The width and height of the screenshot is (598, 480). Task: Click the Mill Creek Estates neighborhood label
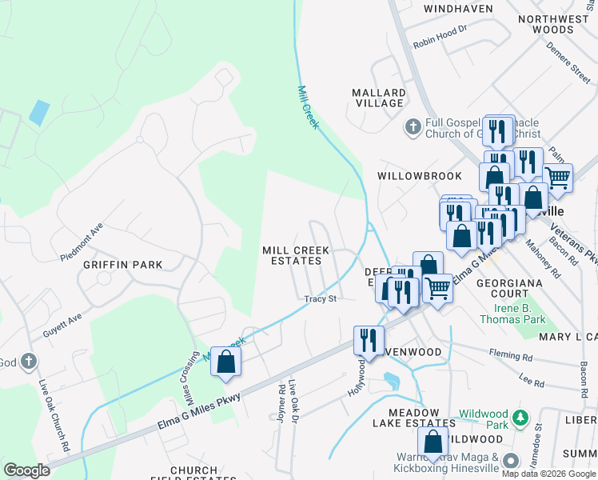click(x=296, y=256)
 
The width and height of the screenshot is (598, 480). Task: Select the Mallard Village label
click(x=378, y=98)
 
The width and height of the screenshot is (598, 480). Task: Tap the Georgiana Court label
click(x=509, y=289)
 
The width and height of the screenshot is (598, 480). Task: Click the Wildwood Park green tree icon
click(x=521, y=418)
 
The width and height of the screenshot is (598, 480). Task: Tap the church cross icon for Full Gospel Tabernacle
click(x=413, y=126)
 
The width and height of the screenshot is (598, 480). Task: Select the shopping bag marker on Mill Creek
click(x=226, y=362)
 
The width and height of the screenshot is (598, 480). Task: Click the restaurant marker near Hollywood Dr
click(x=369, y=339)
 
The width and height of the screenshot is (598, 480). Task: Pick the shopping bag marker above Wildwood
click(x=433, y=442)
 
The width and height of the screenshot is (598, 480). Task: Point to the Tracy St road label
click(x=320, y=299)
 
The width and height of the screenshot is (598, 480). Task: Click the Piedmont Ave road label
click(x=82, y=242)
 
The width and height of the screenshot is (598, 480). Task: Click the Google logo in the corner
click(x=26, y=470)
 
